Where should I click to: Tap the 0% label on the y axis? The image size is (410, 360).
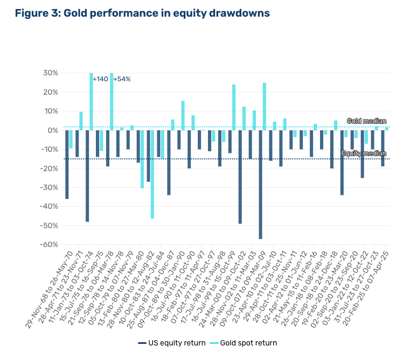click(52, 130)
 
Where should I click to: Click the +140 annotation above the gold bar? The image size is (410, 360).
click(101, 79)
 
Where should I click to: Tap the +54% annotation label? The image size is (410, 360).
click(122, 79)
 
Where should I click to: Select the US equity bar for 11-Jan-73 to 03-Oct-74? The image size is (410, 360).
click(87, 175)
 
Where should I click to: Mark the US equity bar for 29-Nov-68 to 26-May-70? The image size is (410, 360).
click(67, 164)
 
